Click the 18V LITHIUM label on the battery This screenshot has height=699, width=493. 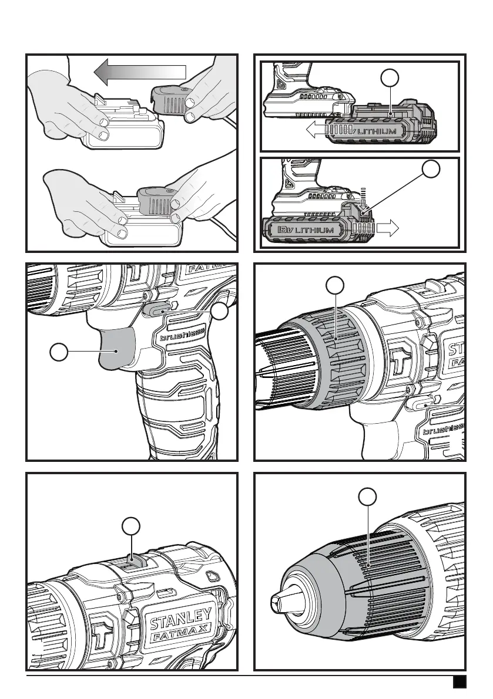[303, 229]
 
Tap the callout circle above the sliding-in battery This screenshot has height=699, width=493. [388, 77]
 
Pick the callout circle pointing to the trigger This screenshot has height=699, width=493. [58, 352]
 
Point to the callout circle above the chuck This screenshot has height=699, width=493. [368, 497]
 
